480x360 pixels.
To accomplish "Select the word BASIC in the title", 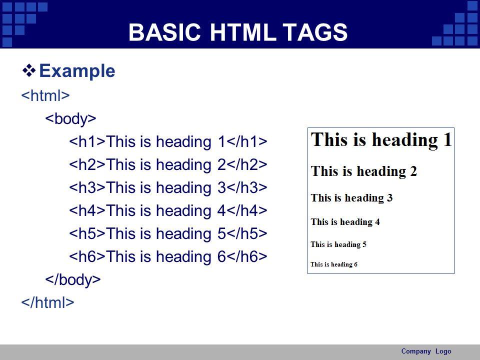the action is (164, 32).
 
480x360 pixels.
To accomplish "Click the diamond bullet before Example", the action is (29, 70).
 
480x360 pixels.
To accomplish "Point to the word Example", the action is (77, 70).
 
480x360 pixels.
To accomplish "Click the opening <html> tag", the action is (45, 95).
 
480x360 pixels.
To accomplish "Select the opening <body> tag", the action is (70, 118).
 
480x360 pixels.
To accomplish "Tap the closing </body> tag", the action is (73, 279).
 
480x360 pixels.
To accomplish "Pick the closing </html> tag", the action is (48, 302).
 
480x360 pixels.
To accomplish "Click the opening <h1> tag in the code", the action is (87, 141).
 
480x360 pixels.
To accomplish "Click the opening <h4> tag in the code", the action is (87, 210).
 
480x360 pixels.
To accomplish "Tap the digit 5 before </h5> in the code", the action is (221, 233).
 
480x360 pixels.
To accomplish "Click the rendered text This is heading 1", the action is (381, 140).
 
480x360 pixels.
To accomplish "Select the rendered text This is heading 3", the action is (351, 198).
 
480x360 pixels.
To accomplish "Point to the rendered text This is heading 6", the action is (334, 264).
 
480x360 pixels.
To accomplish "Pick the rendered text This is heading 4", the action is (345, 221).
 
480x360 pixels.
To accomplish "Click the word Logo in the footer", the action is (443, 351).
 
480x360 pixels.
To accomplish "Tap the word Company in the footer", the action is (416, 351).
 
